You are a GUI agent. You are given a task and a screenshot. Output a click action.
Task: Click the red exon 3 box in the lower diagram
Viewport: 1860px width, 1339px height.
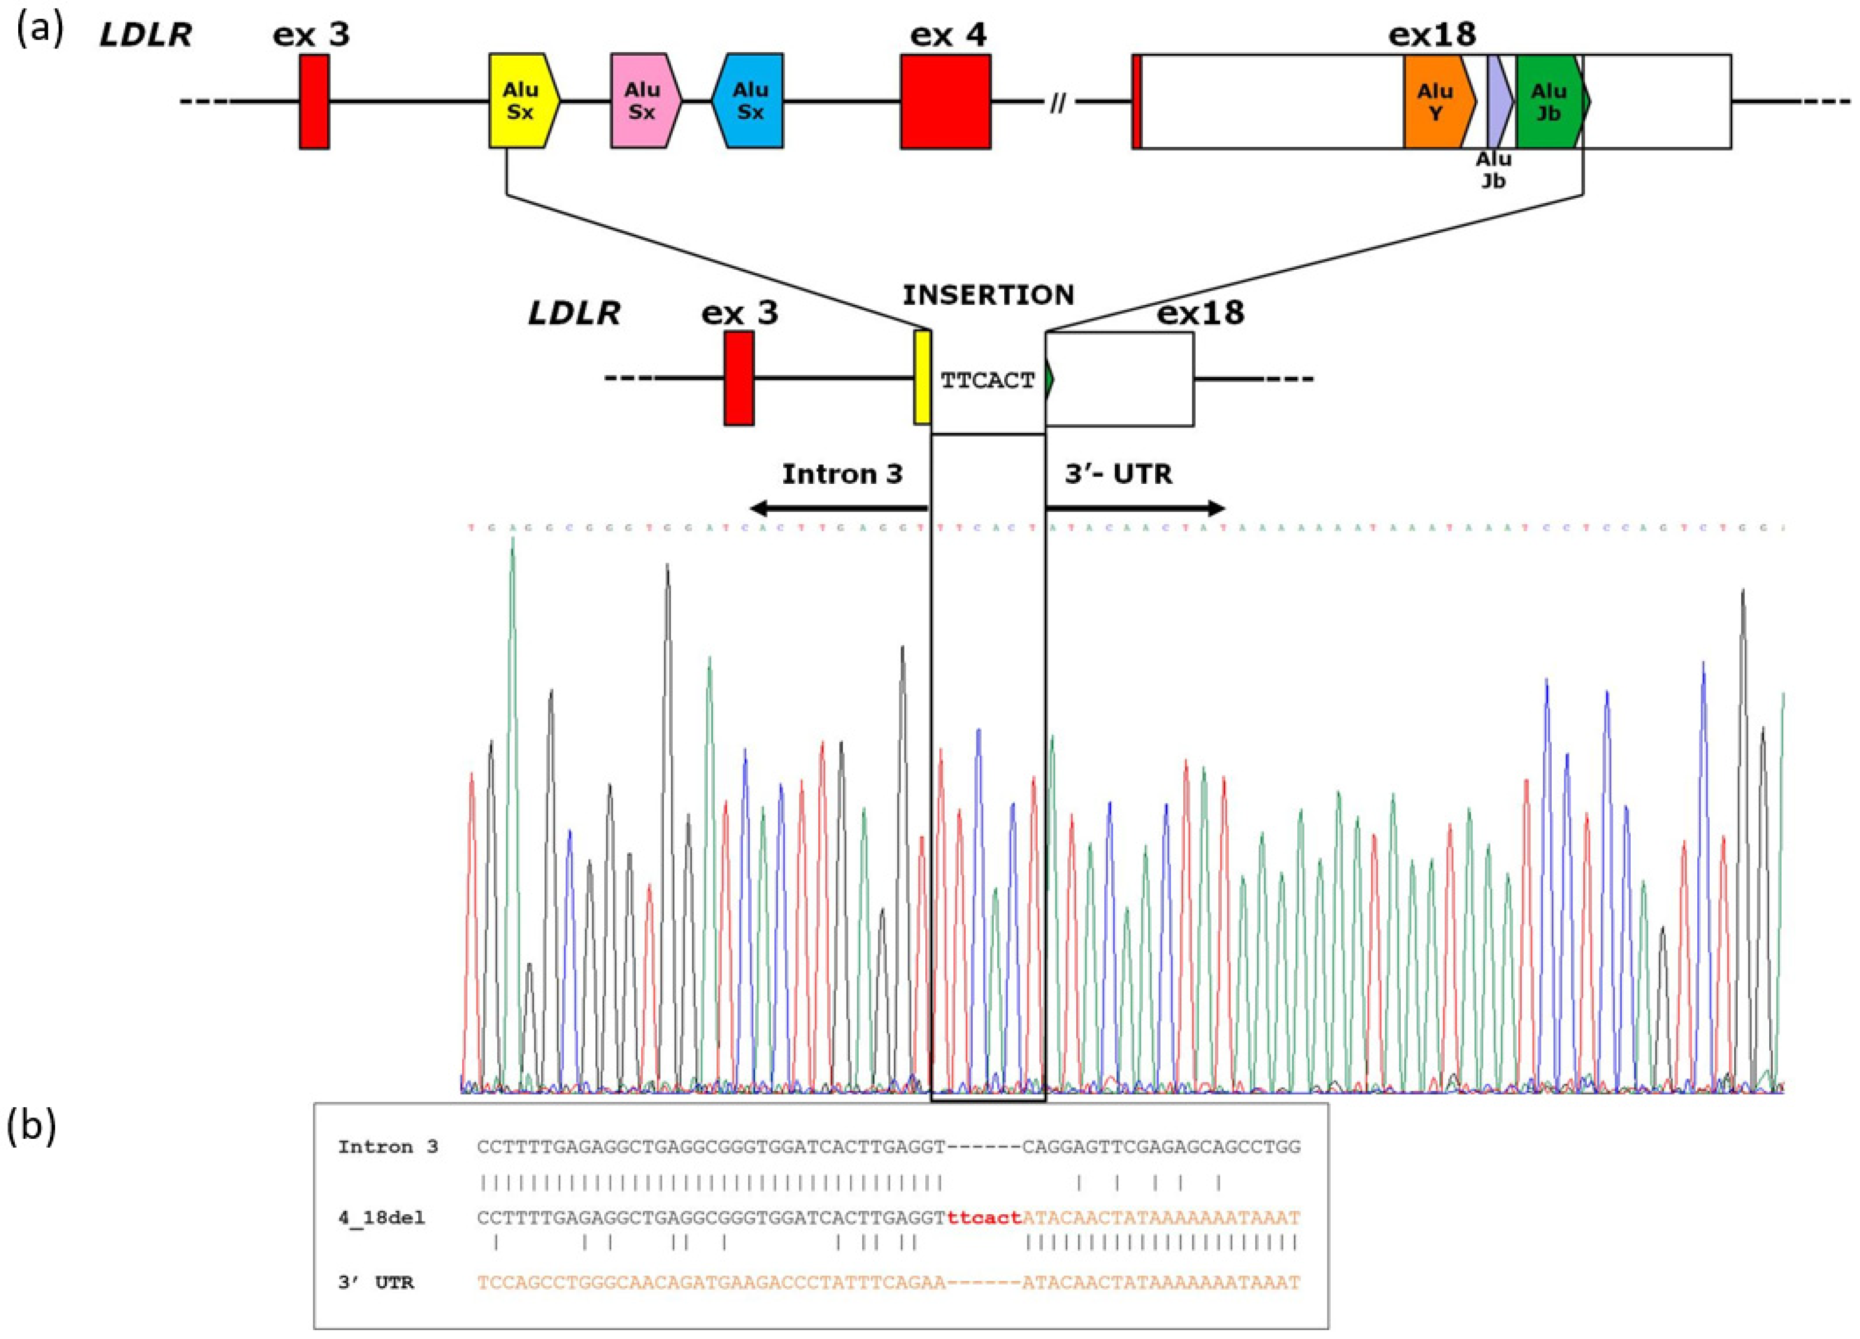[x=738, y=378]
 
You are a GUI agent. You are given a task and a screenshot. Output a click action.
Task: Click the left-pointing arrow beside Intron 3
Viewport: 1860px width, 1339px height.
[x=837, y=509]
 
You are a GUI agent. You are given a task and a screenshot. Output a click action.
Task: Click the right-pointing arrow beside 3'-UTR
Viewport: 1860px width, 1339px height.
[x=1136, y=509]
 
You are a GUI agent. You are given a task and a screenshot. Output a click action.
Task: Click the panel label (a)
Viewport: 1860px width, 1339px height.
[x=37, y=31]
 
